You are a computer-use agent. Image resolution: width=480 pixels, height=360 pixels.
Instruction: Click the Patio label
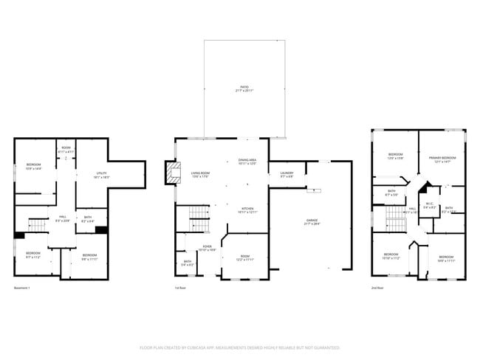pyautogui.click(x=244, y=89)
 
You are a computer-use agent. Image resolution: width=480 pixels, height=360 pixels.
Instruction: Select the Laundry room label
pyautogui.click(x=286, y=175)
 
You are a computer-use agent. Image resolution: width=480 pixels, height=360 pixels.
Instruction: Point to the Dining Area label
pyautogui.click(x=247, y=162)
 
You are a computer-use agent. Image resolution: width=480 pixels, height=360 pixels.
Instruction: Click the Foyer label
pyautogui.click(x=199, y=249)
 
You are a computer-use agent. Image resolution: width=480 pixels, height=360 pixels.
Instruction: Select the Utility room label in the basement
pyautogui.click(x=101, y=176)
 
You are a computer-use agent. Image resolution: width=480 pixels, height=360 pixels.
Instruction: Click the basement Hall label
pyautogui.click(x=63, y=218)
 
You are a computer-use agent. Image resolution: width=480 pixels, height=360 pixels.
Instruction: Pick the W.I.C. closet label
pyautogui.click(x=428, y=207)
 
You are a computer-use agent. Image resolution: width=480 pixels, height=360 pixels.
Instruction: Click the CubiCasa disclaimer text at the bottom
pyautogui.click(x=240, y=346)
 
